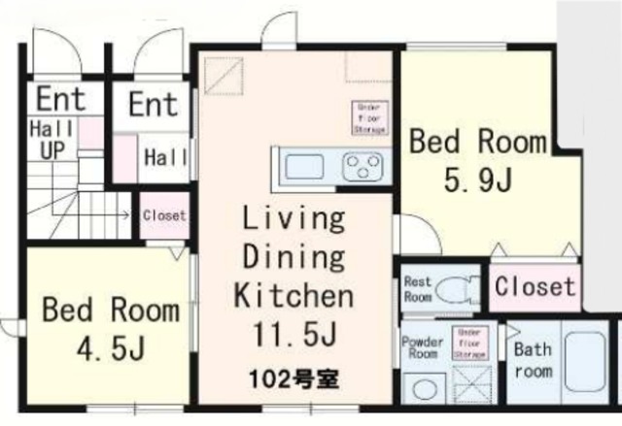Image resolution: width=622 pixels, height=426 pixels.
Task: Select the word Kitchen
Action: click(x=292, y=295)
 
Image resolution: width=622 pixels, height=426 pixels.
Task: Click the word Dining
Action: click(x=292, y=257)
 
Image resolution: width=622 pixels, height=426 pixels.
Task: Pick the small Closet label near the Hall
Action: click(x=163, y=215)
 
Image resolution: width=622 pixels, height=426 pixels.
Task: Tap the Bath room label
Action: click(x=533, y=360)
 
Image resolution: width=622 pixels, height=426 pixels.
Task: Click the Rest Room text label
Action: click(x=417, y=289)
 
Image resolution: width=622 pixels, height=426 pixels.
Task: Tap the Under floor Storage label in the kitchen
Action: click(x=370, y=118)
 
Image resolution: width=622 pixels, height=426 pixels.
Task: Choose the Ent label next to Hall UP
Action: click(x=60, y=98)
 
